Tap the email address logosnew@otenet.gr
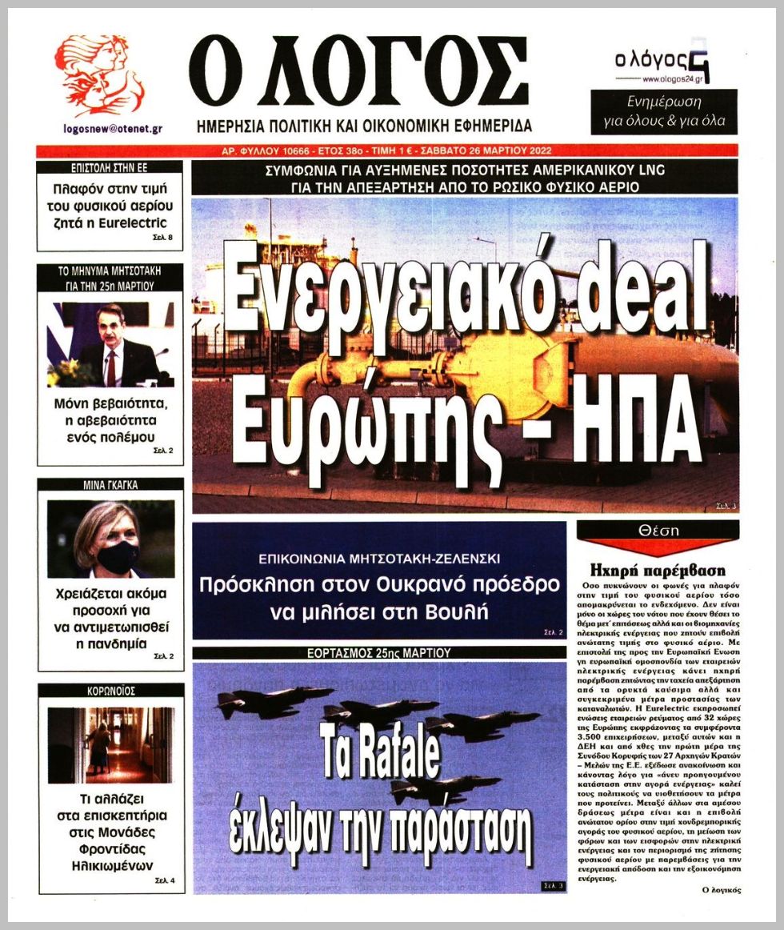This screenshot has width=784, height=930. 111,129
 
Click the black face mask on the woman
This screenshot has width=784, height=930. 118,556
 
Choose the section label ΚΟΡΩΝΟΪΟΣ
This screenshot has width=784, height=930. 110,689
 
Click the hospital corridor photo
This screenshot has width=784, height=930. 110,744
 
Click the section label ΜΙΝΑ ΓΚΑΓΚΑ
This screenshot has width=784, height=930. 110,484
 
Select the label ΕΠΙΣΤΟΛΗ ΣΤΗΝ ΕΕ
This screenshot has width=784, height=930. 110,168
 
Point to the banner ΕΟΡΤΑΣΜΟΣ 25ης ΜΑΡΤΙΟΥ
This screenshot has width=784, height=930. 379,653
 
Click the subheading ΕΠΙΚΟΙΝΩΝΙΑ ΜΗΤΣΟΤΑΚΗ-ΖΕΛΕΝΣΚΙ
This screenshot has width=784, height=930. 378,557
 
